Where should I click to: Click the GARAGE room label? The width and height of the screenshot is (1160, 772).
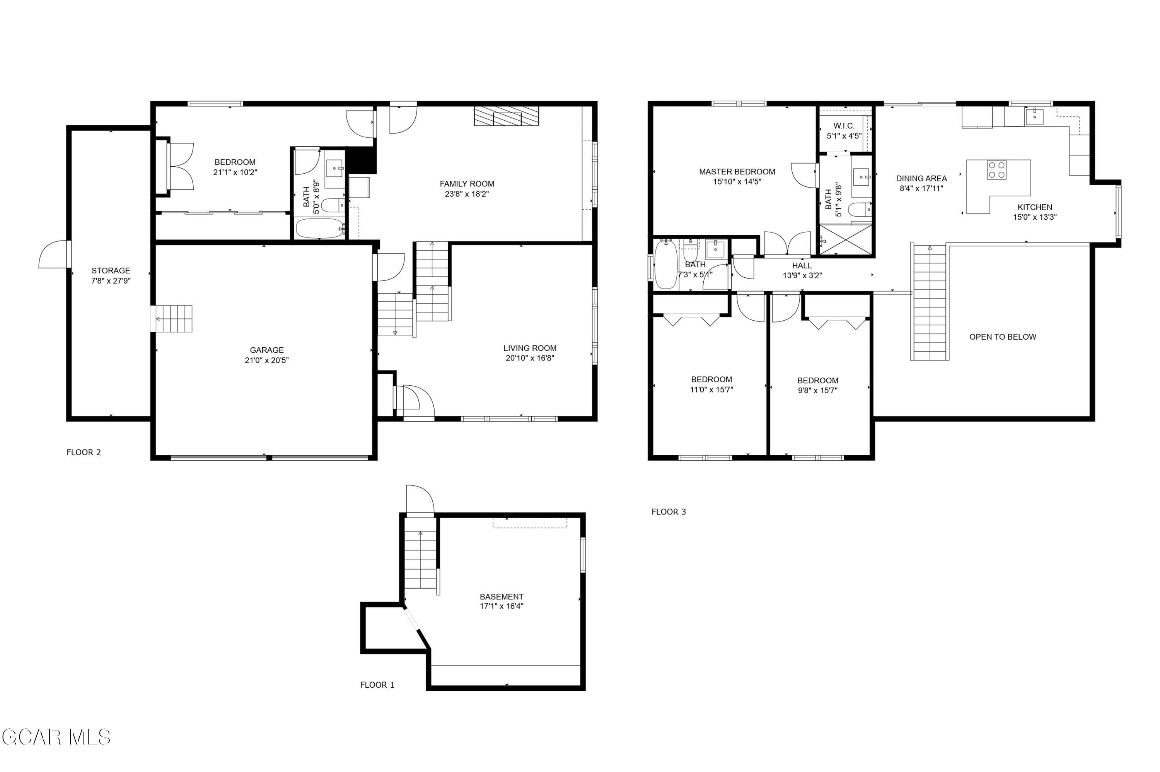pyautogui.click(x=266, y=350)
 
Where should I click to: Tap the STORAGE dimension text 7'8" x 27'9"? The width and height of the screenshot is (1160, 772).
pyautogui.click(x=111, y=281)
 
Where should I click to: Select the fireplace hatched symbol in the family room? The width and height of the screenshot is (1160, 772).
pyautogui.click(x=507, y=116)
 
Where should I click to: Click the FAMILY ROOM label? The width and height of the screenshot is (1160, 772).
pyautogui.click(x=467, y=184)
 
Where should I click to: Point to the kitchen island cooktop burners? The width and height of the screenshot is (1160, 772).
pyautogui.click(x=996, y=170)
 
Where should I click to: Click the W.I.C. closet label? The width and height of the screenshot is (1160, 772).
pyautogui.click(x=844, y=126)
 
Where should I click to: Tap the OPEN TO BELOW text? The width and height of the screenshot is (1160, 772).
pyautogui.click(x=1003, y=337)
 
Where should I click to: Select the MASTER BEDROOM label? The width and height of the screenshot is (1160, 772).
pyautogui.click(x=737, y=172)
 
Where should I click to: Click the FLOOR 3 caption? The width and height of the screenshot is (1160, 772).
pyautogui.click(x=668, y=512)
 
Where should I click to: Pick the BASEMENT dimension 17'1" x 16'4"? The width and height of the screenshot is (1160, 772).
pyautogui.click(x=502, y=606)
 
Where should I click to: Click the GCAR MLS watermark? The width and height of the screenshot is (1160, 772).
pyautogui.click(x=56, y=737)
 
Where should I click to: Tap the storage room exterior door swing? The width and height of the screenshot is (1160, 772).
pyautogui.click(x=53, y=254)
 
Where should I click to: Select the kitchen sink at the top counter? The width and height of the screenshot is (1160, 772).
pyautogui.click(x=1034, y=116)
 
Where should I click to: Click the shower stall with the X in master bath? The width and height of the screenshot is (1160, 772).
pyautogui.click(x=846, y=240)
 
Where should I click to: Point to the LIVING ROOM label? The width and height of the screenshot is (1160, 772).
pyautogui.click(x=530, y=348)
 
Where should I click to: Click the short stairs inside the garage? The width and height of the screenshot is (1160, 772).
pyautogui.click(x=172, y=319)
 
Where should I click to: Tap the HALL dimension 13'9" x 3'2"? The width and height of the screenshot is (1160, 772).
pyautogui.click(x=802, y=276)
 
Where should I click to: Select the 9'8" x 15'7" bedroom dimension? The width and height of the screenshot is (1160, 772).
pyautogui.click(x=817, y=390)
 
